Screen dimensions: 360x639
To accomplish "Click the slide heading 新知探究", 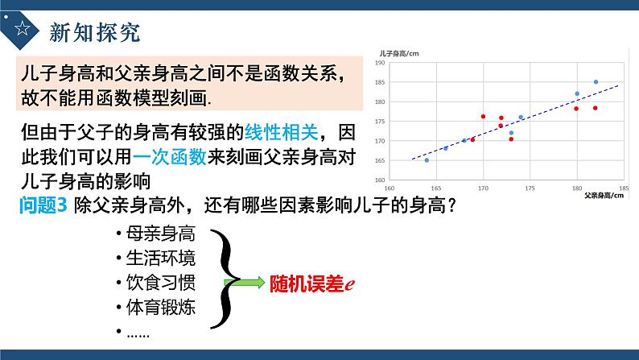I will (95, 31).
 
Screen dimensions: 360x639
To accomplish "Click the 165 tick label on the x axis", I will (435, 187).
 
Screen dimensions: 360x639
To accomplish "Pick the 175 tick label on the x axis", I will (530, 187).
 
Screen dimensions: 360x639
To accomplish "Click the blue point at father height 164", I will (427, 160).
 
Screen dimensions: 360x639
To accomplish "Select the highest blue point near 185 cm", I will (596, 82).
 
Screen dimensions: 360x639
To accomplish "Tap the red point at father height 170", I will (483, 117).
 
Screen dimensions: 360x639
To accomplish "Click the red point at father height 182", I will (596, 108).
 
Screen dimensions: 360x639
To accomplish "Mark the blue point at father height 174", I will (521, 118).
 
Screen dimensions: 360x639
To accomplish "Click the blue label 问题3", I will (45, 205).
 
